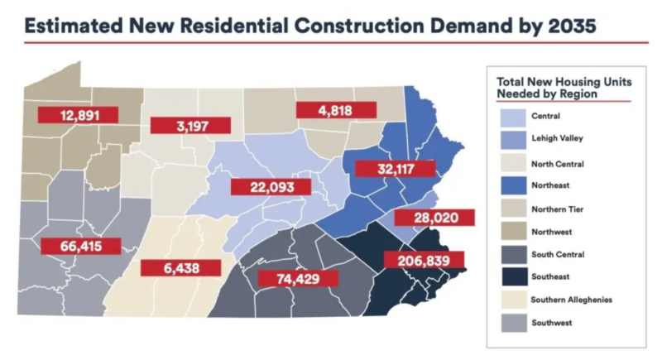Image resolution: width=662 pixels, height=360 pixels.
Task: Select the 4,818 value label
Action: tap(336, 110)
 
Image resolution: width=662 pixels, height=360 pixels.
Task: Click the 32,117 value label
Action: tap(394, 169)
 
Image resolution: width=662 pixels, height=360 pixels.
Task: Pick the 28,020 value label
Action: tap(434, 218)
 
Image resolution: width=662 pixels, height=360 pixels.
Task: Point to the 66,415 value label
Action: tap(80, 246)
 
